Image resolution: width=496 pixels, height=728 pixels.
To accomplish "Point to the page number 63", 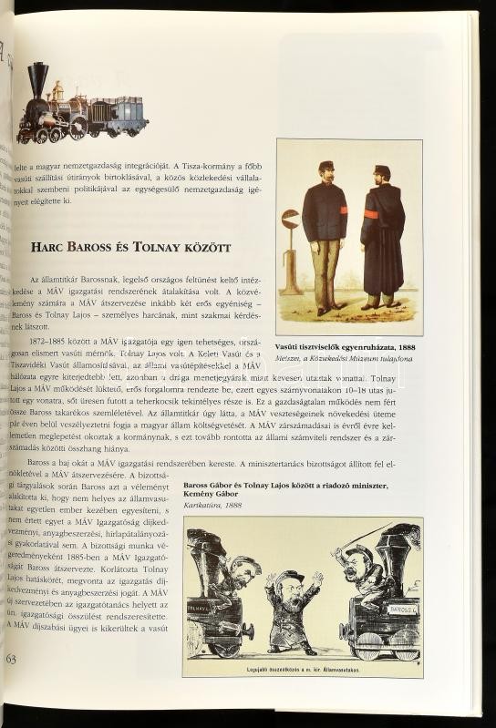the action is pos(11,658).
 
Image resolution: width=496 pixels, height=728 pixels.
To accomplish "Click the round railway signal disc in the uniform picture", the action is pos(290,219).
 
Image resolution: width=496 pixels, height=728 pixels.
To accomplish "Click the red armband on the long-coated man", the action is pos(371,214).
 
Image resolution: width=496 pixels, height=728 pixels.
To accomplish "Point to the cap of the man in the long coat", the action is pos(382,169).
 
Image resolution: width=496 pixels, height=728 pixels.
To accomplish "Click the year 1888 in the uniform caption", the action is pos(406,347).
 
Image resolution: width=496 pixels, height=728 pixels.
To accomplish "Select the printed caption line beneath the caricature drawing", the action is pos(302,670).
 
